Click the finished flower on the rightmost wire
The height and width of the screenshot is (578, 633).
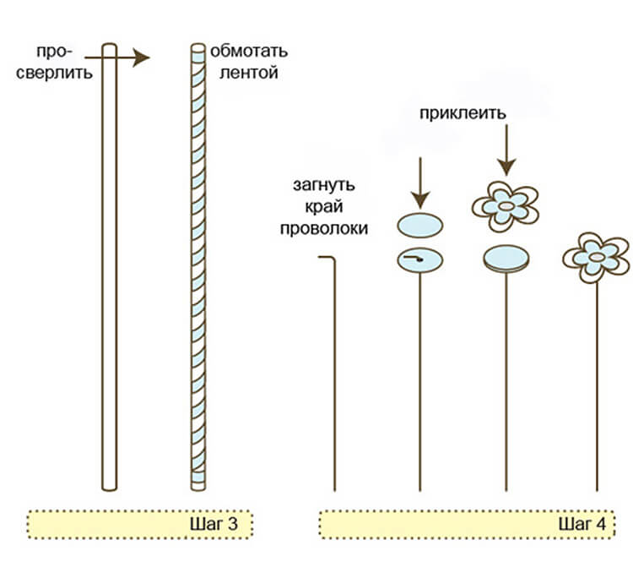pos(597,254)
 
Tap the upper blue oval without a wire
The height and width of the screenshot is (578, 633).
pos(419,226)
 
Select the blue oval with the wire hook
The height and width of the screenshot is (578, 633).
pos(419,259)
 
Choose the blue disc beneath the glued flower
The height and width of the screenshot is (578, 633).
pos(506,259)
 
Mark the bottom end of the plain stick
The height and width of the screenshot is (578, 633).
pos(109,485)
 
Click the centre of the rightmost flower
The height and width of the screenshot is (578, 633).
pos(597,255)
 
